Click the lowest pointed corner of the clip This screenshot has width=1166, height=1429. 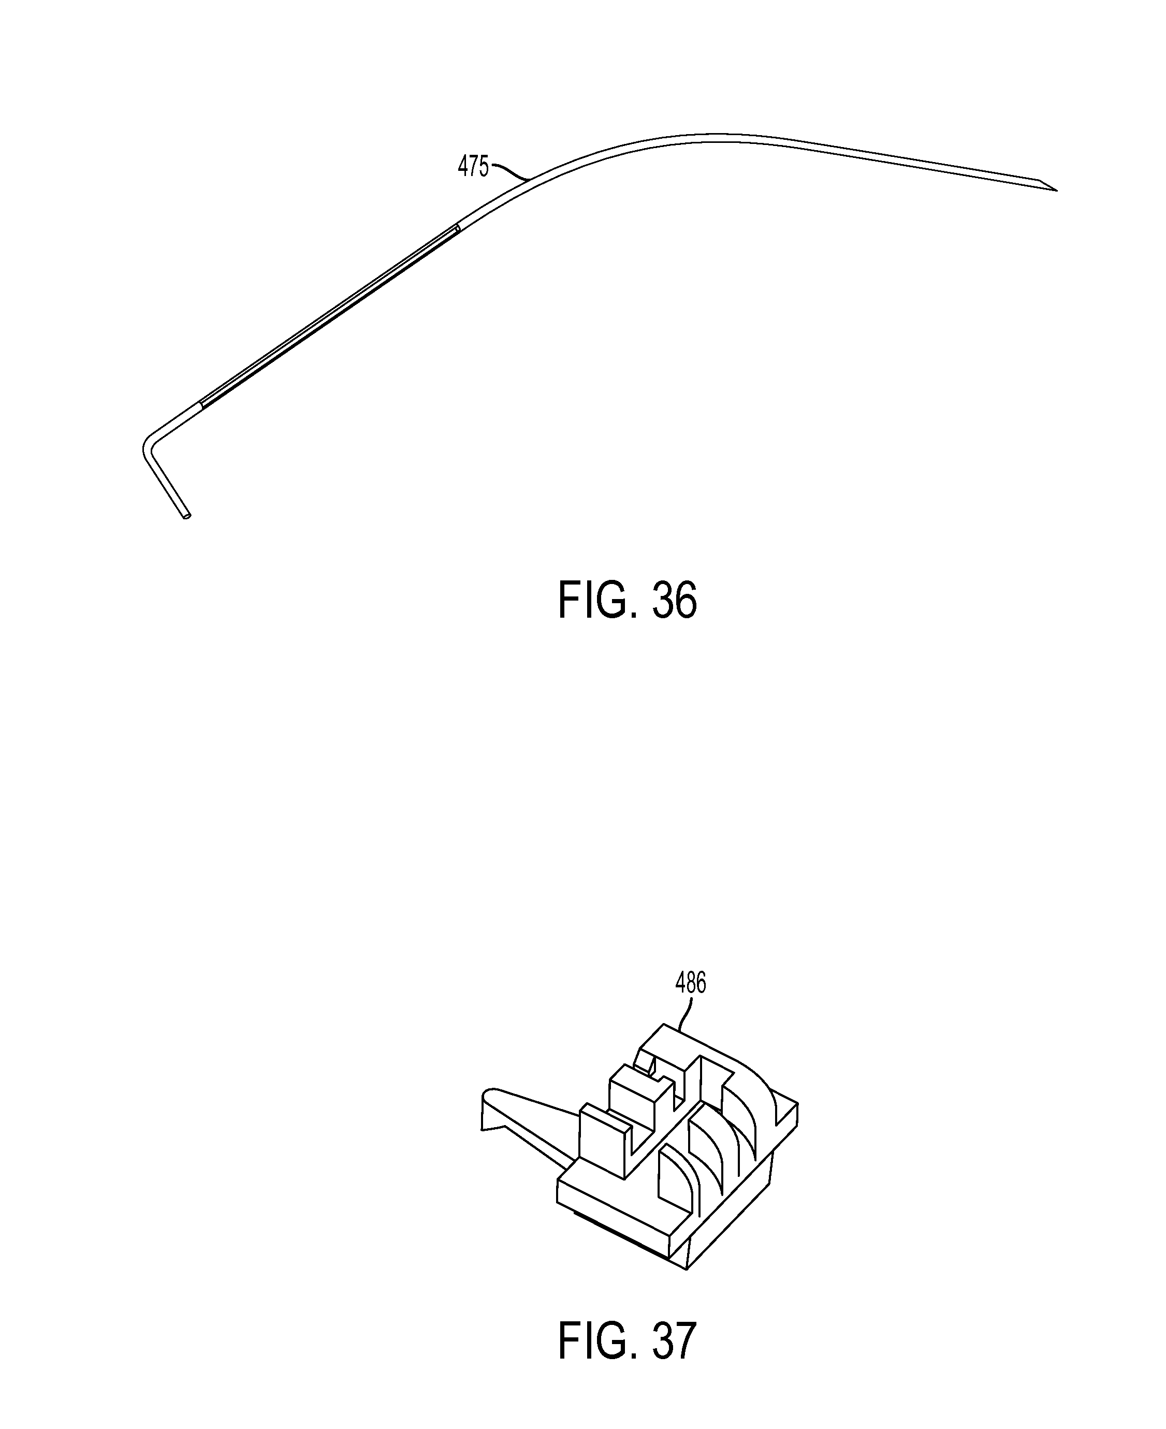pos(685,1268)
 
